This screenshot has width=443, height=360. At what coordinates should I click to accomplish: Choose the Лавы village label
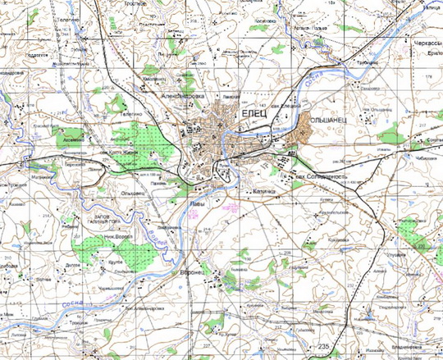click(x=197, y=199)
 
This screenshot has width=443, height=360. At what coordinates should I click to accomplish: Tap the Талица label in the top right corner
click(x=430, y=7)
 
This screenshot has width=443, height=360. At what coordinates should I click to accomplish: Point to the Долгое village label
click(x=72, y=264)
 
